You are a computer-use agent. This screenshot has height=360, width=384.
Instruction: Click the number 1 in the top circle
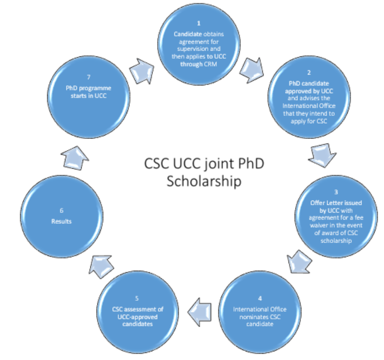[x=199, y=23]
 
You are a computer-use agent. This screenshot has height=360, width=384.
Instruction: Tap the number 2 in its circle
[x=309, y=73]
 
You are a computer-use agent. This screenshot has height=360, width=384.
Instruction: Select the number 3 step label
[x=336, y=192]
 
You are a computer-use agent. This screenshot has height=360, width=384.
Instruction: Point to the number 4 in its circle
[x=260, y=298]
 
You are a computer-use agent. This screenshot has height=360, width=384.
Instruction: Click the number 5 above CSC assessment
[x=137, y=298]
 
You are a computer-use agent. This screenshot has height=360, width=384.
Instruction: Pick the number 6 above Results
[x=62, y=211]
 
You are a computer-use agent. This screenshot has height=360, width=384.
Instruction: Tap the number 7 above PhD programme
[x=89, y=77]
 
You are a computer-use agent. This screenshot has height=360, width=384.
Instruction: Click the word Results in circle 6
[x=62, y=222]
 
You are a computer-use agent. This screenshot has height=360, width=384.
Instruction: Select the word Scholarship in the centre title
[x=204, y=181]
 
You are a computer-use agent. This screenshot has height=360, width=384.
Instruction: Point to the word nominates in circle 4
[x=251, y=317]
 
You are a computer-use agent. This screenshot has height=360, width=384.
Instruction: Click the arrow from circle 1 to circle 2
[x=252, y=70]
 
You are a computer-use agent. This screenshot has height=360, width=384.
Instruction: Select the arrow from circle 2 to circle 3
[x=322, y=155]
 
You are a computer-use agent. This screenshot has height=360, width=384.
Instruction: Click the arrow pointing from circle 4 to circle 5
[x=199, y=312]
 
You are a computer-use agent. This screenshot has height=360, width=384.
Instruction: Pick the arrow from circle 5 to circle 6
[x=101, y=266]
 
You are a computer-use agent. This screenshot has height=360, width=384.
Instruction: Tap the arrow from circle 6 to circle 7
[x=75, y=158]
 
